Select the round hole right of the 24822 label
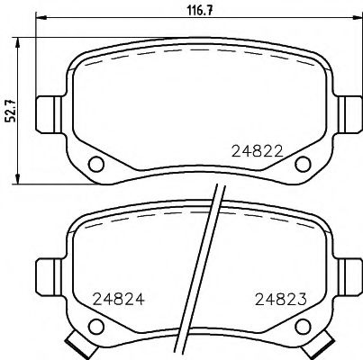[303, 164]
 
